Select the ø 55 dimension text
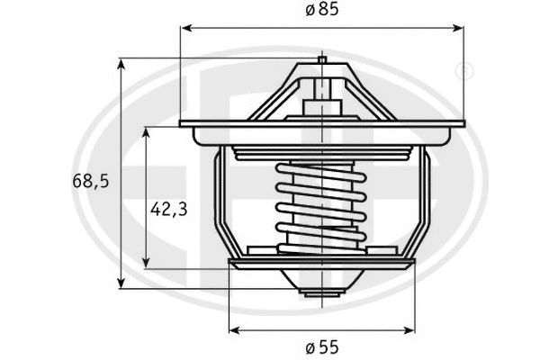321,346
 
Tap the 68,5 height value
90,181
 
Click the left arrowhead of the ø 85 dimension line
185,29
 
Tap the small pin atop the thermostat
321,63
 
